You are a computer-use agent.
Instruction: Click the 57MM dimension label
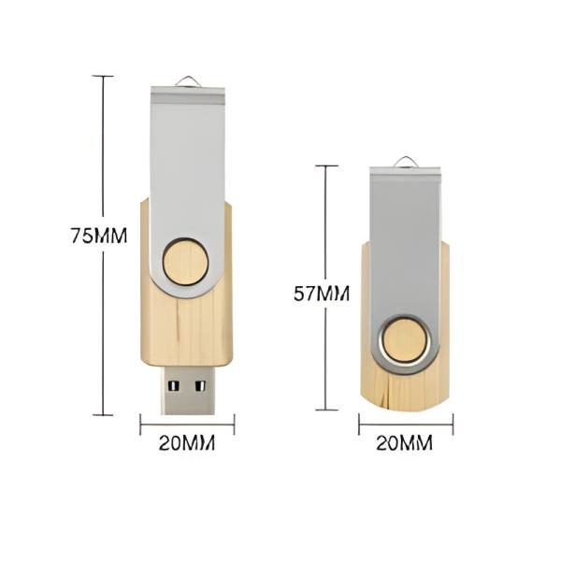(x=321, y=294)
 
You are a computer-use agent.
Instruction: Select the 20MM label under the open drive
(x=187, y=443)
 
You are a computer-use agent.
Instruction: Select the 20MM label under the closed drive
(x=405, y=443)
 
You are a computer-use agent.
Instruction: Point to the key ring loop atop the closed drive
(x=406, y=162)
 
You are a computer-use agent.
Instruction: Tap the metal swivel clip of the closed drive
(x=405, y=243)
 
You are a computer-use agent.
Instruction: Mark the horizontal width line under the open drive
(x=187, y=425)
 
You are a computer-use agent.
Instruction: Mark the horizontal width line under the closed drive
(x=406, y=425)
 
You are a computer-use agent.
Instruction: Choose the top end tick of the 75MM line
(x=103, y=76)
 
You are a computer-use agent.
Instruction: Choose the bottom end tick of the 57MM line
(x=325, y=410)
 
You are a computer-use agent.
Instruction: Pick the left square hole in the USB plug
(x=175, y=383)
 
